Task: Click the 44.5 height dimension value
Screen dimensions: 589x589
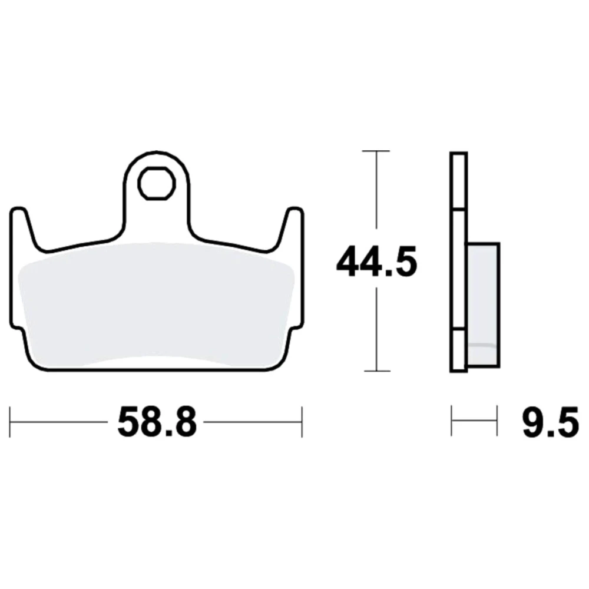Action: [x=376, y=262]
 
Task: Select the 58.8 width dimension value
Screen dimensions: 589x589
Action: [x=157, y=422]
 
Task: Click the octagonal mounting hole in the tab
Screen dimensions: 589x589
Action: [x=157, y=183]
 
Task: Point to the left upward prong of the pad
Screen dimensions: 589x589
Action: [x=24, y=229]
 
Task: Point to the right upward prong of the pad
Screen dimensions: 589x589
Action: [x=290, y=229]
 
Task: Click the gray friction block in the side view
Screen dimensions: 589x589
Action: [x=484, y=305]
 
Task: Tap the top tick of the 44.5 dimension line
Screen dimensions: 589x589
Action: [x=376, y=151]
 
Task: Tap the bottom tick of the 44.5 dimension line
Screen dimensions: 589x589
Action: [x=376, y=370]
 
